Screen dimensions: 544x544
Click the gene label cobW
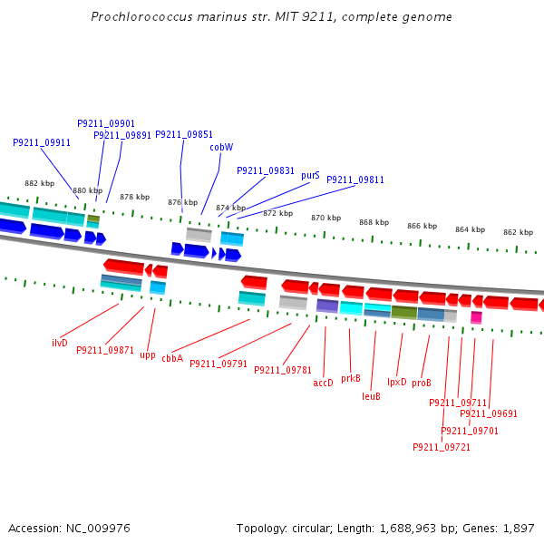pos(221,147)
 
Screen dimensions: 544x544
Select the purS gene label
pos(310,175)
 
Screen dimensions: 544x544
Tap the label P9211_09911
pos(42,142)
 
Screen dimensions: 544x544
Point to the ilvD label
pos(60,343)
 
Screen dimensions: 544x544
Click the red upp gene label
pos(148,355)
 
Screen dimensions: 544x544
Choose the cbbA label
pos(172,358)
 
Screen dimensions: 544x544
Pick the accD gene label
pos(323,383)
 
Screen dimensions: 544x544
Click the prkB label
pos(351,378)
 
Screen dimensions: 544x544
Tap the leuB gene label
pos(371,396)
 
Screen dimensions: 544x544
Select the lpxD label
pos(397,382)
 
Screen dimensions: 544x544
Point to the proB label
pos(422,383)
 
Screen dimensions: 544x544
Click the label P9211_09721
pos(442,447)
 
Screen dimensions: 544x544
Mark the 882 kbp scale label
pos(40,183)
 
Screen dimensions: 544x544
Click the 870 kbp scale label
pos(326,218)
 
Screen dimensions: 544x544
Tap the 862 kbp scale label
pos(519,232)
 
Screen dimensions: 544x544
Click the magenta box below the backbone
pos(476,317)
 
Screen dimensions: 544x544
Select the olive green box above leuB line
pos(404,312)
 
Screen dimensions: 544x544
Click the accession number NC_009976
pos(98,528)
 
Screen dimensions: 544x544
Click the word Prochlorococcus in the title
pos(141,16)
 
